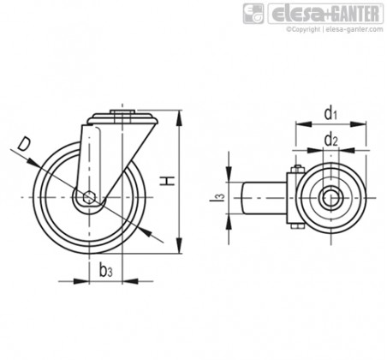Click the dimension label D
24,144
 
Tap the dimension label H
167,181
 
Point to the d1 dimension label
330,113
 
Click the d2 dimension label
330,140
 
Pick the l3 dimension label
217,198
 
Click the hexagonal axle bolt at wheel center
89,197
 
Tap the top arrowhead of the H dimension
179,118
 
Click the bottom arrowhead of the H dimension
179,245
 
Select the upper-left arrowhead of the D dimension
33,162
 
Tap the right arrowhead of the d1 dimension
358,124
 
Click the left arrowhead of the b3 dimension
81,281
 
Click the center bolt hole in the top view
331,198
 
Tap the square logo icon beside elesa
253,14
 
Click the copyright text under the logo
335,29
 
